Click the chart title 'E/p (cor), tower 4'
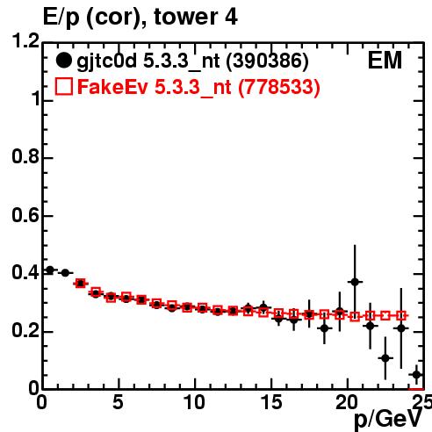140,17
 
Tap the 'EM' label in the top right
385,61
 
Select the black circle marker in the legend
63,61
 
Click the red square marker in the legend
63,87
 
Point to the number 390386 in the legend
267,61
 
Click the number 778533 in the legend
279,87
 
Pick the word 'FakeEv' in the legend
112,87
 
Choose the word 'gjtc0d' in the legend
106,61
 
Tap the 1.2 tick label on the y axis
25,40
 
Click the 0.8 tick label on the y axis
25,156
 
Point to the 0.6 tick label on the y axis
25,215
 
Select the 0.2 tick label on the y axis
25,331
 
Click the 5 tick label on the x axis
118,403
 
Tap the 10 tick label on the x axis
194,403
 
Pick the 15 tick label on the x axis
271,403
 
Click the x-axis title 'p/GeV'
388,420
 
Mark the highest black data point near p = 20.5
355,282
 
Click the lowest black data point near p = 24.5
416,375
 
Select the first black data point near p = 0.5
50,270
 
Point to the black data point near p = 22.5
385,358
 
